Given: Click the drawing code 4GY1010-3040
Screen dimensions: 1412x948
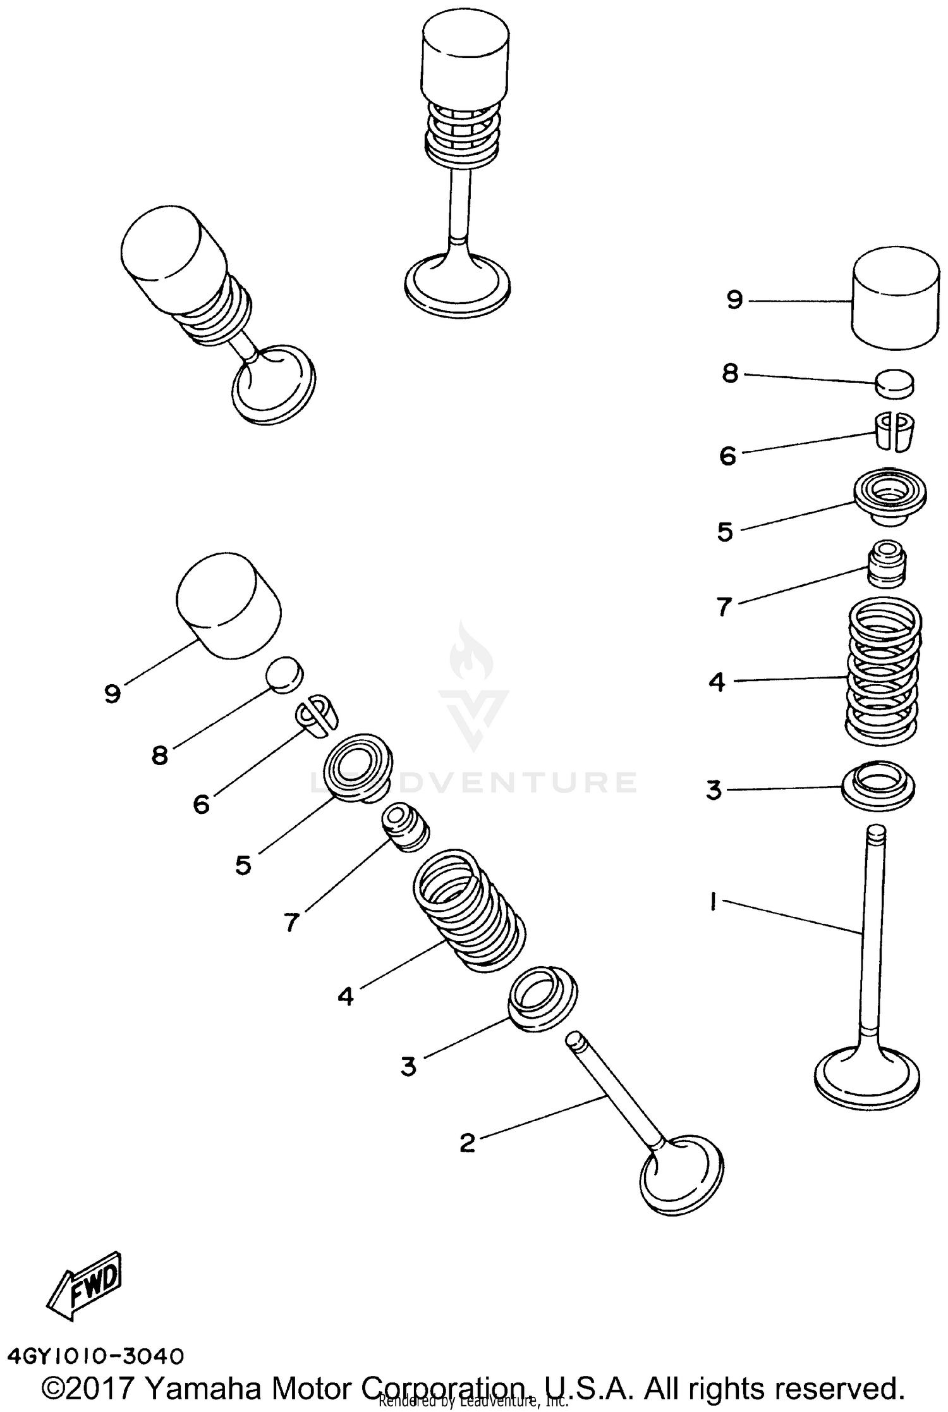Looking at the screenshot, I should point(95,1355).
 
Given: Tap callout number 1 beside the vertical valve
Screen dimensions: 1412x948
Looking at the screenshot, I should point(712,901).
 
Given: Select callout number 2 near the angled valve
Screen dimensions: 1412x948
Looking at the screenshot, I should point(467,1142).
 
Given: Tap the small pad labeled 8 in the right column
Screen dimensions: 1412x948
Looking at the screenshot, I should point(894,383).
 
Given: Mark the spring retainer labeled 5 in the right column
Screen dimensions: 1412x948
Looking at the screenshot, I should point(890,496).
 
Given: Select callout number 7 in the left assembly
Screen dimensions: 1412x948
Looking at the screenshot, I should point(291,923).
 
